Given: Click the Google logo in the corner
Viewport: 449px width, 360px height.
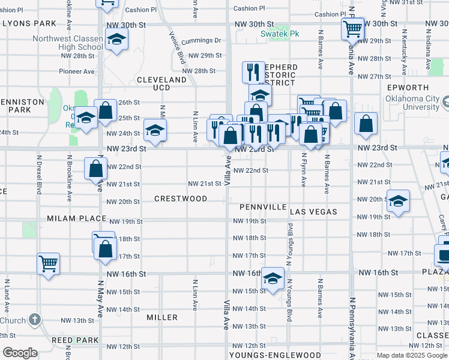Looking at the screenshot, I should (x=20, y=353).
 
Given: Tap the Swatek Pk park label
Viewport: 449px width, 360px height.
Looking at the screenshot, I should (x=279, y=34).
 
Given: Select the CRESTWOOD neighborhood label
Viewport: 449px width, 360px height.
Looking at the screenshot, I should (x=181, y=199).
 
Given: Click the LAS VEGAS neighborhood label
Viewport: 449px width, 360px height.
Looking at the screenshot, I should (x=313, y=212).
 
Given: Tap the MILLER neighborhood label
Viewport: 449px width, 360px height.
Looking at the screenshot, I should (x=162, y=317).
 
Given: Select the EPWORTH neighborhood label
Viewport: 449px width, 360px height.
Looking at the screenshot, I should (x=408, y=88).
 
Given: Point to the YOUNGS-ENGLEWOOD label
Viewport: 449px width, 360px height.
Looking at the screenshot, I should (x=275, y=355).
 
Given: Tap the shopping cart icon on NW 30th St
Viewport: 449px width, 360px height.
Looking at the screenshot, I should (x=352, y=28).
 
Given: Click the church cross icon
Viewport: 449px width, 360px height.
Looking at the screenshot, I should (x=35, y=319).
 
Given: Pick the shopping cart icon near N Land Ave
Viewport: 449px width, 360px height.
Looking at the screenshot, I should (x=48, y=263).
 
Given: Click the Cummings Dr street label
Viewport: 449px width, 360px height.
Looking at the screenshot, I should (x=202, y=41).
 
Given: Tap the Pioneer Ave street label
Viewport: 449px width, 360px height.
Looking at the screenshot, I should (x=77, y=71).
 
